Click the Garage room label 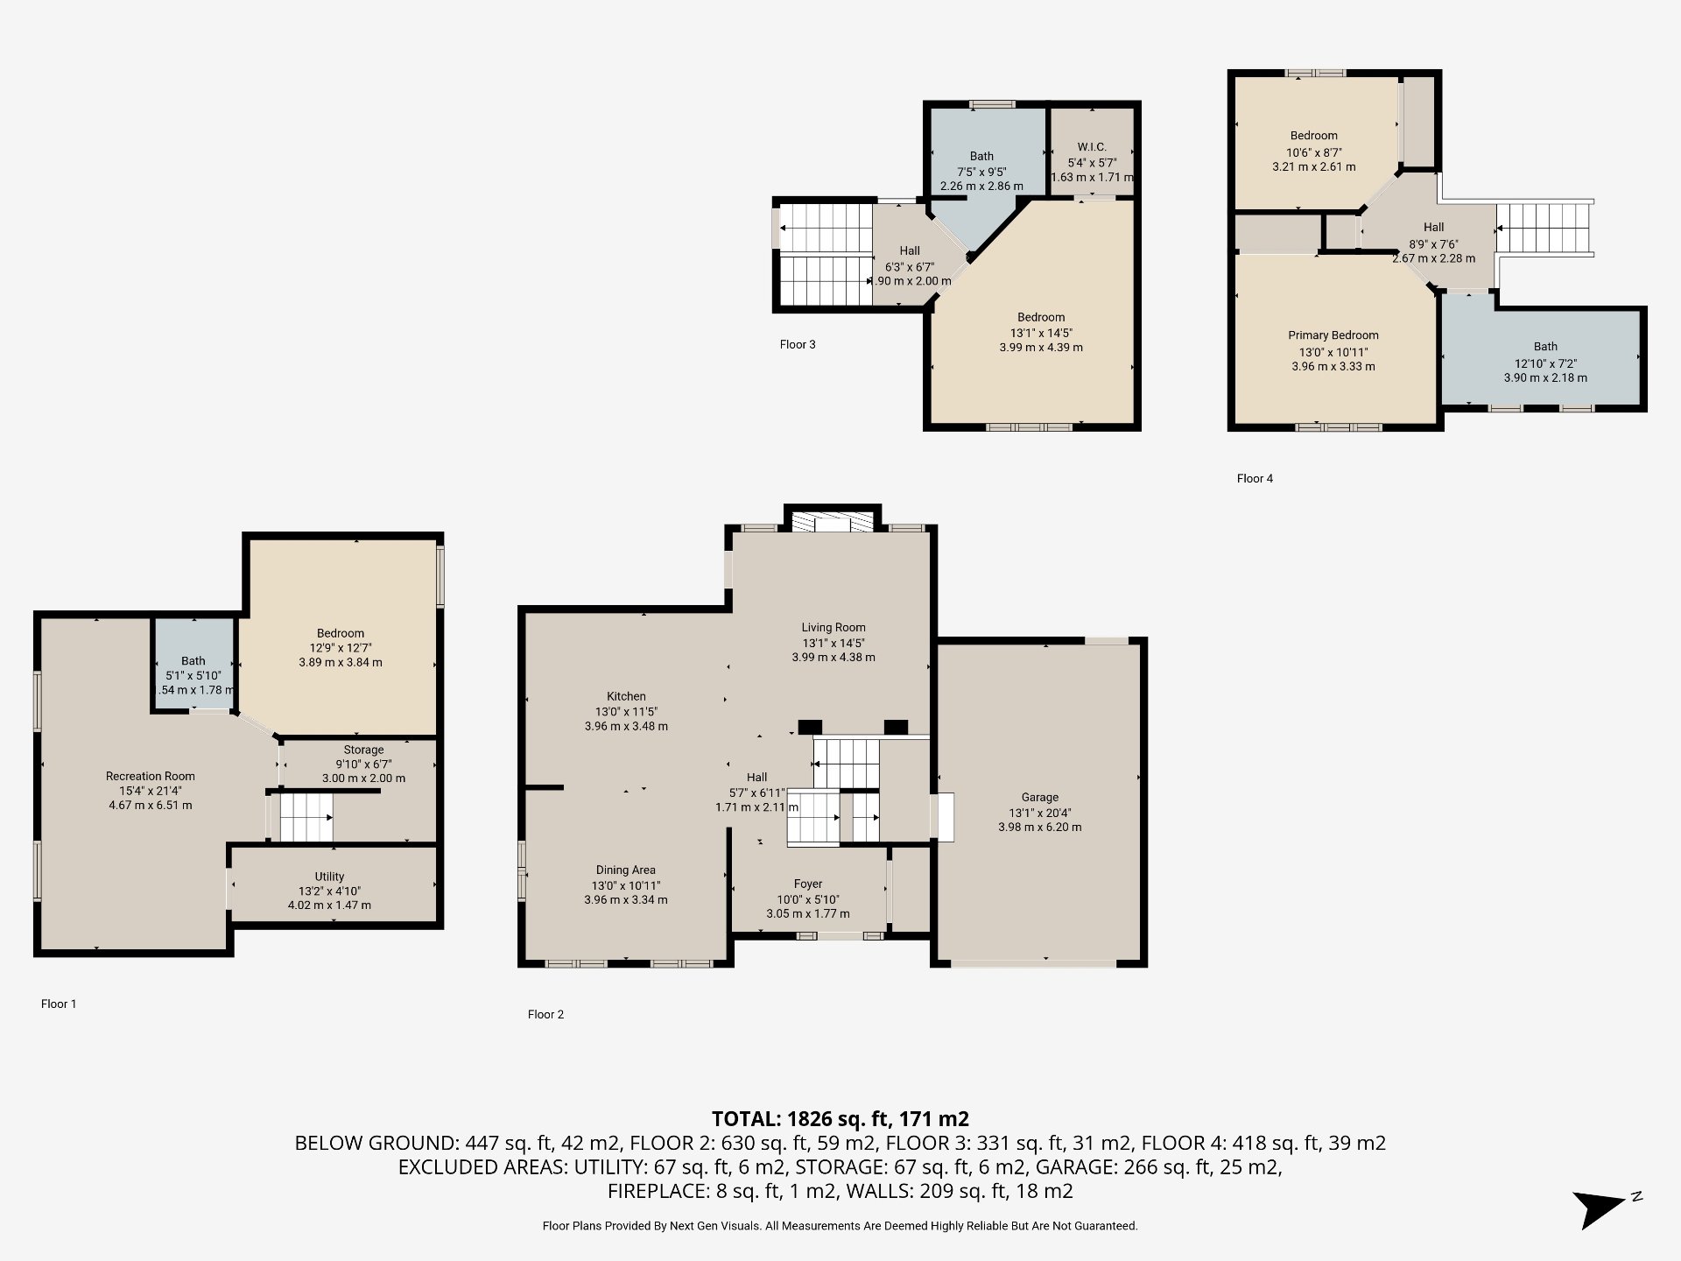tap(1039, 797)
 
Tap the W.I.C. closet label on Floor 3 tap(1092, 147)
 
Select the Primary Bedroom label tap(1333, 335)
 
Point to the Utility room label tap(329, 877)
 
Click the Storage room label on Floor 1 tap(363, 750)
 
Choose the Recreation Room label tap(151, 776)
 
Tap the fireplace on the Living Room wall tap(832, 522)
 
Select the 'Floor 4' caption tap(1255, 478)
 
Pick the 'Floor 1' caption tap(59, 1004)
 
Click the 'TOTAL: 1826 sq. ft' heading tap(840, 1118)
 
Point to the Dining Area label tap(625, 870)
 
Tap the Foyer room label tap(807, 884)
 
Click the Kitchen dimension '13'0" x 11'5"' tap(626, 711)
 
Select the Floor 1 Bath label tap(193, 661)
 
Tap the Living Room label tap(833, 627)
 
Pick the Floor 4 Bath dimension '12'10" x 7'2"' tap(1545, 363)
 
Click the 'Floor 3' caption tap(798, 344)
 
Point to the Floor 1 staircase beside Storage tap(305, 818)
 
